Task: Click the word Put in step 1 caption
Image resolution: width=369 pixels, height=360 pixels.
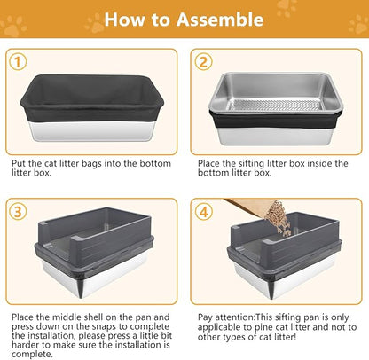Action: tap(19, 164)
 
